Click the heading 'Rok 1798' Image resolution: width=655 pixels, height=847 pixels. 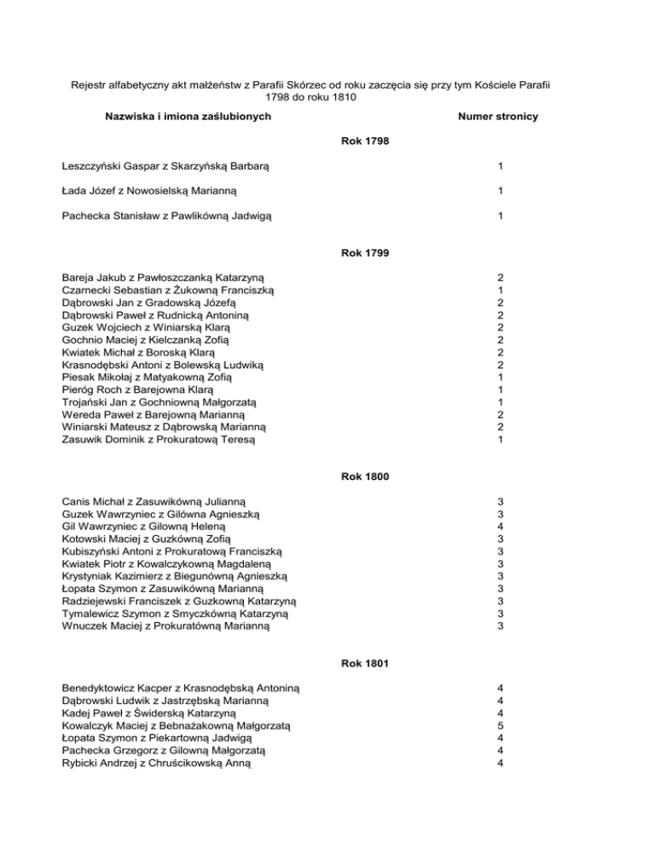point(365,139)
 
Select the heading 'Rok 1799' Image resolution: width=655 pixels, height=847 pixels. point(365,252)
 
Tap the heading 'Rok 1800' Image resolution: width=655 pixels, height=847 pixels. point(365,476)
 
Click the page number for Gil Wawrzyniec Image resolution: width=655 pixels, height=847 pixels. point(501,527)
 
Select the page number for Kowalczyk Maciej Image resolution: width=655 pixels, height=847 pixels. point(501,725)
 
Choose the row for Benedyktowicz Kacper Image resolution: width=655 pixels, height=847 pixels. point(180,688)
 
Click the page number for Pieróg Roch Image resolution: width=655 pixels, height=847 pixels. point(501,389)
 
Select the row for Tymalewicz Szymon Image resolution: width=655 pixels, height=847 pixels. point(179,614)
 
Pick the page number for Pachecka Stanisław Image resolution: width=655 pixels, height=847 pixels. point(501,216)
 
